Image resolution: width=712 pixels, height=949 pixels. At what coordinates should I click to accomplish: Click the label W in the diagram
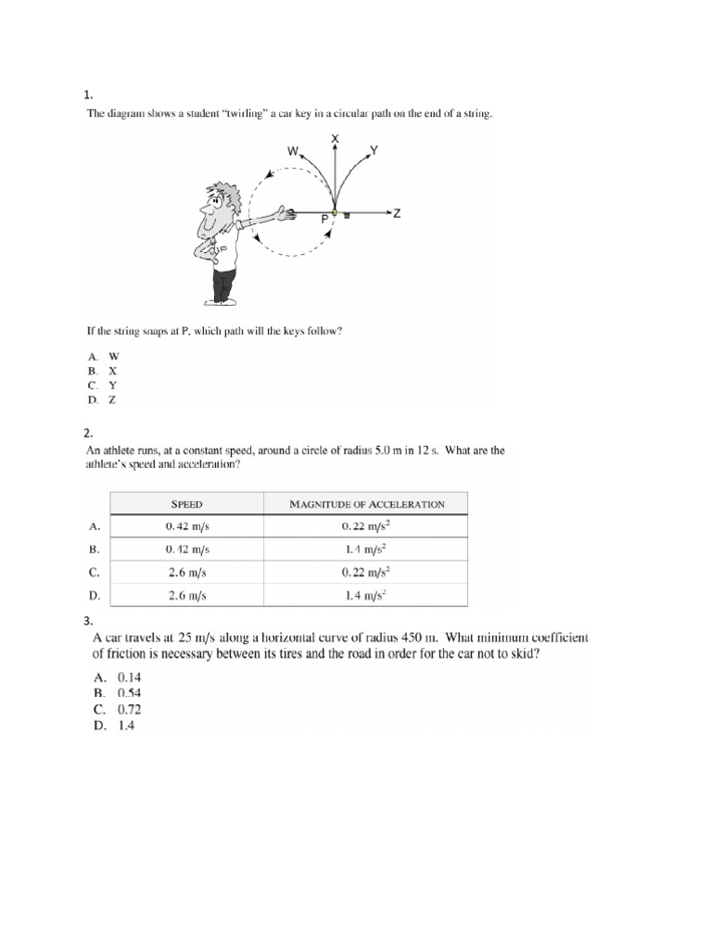293,150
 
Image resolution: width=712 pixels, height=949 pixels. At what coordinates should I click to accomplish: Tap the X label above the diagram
336,138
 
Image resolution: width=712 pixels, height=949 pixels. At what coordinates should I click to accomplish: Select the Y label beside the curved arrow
374,150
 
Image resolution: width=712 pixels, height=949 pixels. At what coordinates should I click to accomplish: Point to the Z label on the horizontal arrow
397,214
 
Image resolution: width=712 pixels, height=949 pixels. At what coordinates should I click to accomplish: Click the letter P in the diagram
324,221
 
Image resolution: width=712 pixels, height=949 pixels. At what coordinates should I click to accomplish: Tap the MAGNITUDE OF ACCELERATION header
366,504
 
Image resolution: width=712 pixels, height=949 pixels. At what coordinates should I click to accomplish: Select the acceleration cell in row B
366,549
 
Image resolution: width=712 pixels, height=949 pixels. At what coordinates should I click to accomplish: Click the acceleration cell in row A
366,526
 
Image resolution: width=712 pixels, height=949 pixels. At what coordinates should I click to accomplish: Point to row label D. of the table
94,595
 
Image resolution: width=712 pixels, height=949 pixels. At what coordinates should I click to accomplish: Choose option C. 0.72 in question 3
117,710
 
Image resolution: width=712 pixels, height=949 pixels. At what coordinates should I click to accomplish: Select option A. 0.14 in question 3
117,677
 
